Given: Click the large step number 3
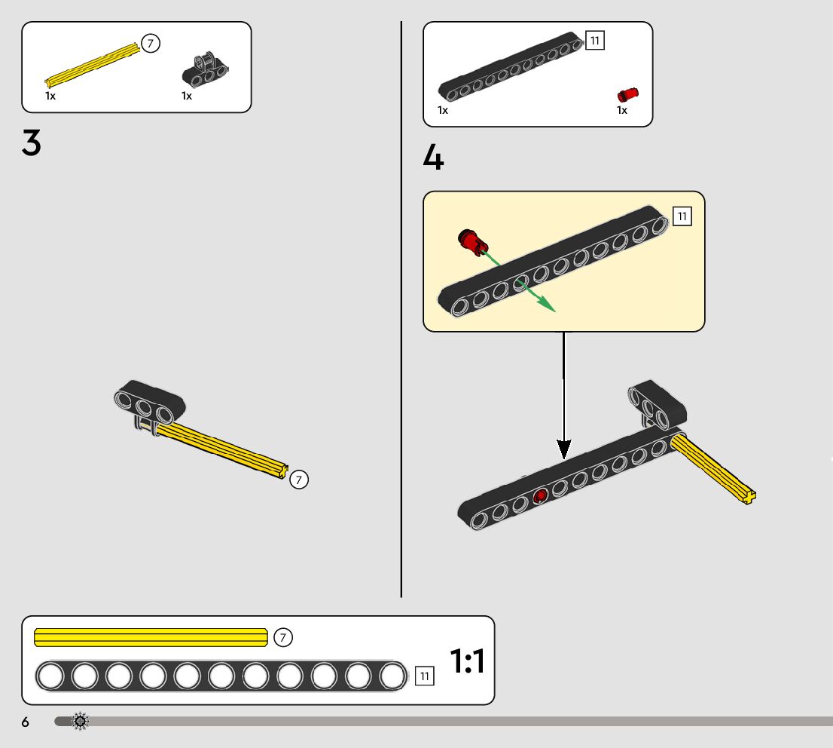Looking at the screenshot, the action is pyautogui.click(x=32, y=143).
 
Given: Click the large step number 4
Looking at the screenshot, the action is pyautogui.click(x=433, y=158).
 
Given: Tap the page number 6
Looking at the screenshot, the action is pyautogui.click(x=25, y=722).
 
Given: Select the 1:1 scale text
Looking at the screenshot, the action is pyautogui.click(x=467, y=661).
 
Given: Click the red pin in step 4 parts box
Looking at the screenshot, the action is pyautogui.click(x=627, y=94).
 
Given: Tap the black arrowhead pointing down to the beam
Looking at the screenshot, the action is pyautogui.click(x=564, y=449).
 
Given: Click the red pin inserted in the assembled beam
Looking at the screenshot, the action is pyautogui.click(x=539, y=495).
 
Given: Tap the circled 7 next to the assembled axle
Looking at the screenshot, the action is pyautogui.click(x=299, y=479).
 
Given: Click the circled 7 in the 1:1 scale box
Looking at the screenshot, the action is pyautogui.click(x=282, y=638).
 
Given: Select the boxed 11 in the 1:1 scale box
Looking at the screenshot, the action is pyautogui.click(x=424, y=676).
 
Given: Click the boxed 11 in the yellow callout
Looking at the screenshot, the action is pyautogui.click(x=682, y=217).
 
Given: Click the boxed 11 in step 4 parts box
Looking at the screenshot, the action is pyautogui.click(x=595, y=41).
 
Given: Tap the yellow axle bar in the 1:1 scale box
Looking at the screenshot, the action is pyautogui.click(x=151, y=638).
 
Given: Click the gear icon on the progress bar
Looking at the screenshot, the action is pyautogui.click(x=80, y=722).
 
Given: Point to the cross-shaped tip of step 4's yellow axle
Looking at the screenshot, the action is pyautogui.click(x=748, y=495).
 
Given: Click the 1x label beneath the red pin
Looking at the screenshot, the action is pyautogui.click(x=622, y=110).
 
